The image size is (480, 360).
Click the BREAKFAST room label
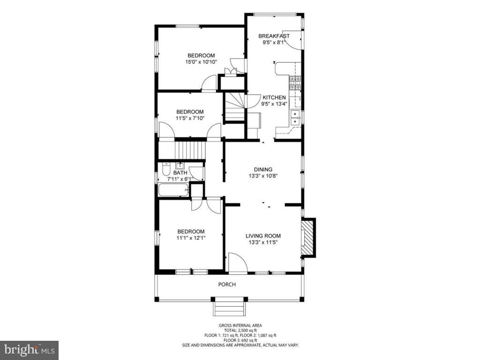click(274, 36)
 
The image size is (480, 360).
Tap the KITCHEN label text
click(274, 97)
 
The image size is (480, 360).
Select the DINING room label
click(263, 169)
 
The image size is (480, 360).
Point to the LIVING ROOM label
click(263, 236)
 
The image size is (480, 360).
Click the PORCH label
click(227, 285)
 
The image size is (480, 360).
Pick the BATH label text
click(180, 173)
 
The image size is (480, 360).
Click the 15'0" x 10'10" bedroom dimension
click(201, 62)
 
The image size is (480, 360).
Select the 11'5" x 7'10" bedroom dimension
click(190, 118)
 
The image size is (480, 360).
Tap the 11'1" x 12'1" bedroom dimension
click(191, 238)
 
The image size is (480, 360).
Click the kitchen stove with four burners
click(295, 82)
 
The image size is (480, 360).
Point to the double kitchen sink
click(295, 118)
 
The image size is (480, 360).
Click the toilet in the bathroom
click(166, 169)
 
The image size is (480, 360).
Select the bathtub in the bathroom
click(173, 190)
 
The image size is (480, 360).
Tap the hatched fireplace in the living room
click(308, 238)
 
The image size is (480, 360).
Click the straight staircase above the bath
click(190, 150)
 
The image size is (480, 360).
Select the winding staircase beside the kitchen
click(234, 107)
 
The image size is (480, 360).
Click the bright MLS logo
click(29, 350)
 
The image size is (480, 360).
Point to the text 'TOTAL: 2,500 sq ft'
click(240, 330)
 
